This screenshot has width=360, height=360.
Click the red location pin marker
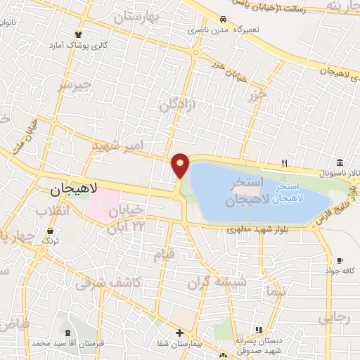tap(181, 165)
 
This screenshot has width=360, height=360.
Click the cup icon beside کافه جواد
tap(340, 260)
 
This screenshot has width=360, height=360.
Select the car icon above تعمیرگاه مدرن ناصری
tap(223, 20)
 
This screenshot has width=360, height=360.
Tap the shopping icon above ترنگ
tap(50, 231)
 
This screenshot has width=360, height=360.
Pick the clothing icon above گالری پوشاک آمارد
tap(78, 34)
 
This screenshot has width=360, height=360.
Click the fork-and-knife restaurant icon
tap(284, 163)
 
